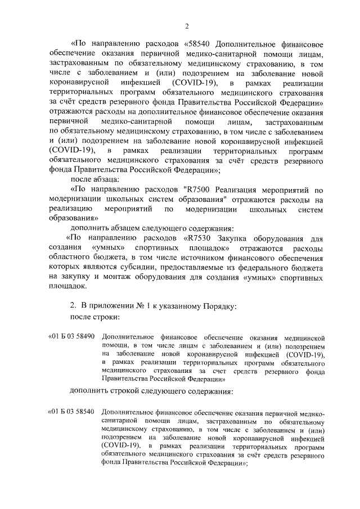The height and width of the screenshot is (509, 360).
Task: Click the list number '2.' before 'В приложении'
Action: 73,306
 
